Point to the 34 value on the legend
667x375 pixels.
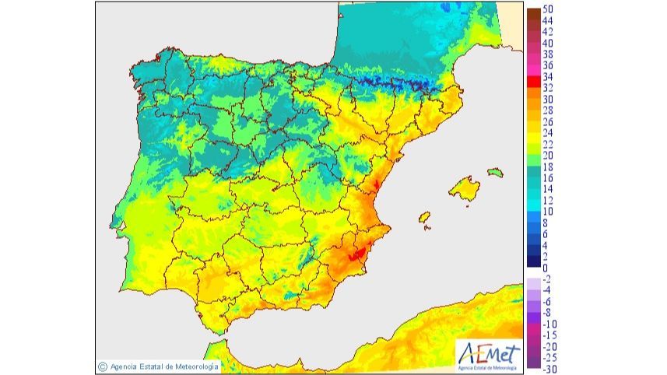[x=549, y=76]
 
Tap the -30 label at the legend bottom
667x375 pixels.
[x=549, y=369]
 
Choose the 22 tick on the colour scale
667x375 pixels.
[x=549, y=144]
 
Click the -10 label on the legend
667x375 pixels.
[x=549, y=324]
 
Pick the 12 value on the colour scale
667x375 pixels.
[x=549, y=200]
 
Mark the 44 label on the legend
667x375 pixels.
[x=549, y=20]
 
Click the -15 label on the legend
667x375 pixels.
[x=549, y=335]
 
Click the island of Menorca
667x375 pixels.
[x=496, y=172]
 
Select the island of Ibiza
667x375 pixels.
[x=425, y=217]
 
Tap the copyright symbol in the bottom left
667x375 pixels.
[x=103, y=366]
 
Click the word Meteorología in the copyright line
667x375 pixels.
[x=192, y=366]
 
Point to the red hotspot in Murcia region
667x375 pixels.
[x=356, y=253]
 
